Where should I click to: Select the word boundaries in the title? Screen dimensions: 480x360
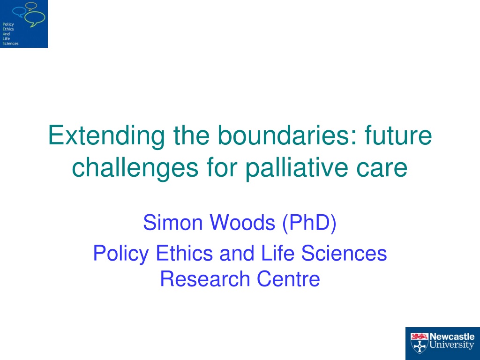(x=287, y=135)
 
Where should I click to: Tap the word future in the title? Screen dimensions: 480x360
(x=398, y=135)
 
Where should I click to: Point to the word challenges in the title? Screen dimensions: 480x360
(x=135, y=168)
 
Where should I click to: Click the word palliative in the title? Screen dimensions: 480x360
(x=296, y=168)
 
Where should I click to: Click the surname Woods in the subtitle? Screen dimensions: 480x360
(x=242, y=222)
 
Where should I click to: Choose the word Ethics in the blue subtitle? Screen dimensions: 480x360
(x=185, y=253)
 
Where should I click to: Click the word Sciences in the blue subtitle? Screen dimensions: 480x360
(x=344, y=253)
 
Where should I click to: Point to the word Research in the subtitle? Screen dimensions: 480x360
(x=205, y=279)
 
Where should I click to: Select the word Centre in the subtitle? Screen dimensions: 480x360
(x=288, y=279)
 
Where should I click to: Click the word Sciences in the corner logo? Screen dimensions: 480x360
(x=10, y=44)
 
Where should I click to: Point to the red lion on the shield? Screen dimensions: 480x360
(x=420, y=337)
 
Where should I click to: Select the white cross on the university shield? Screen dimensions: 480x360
(x=419, y=346)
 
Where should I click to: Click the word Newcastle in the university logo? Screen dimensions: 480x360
(x=452, y=337)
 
